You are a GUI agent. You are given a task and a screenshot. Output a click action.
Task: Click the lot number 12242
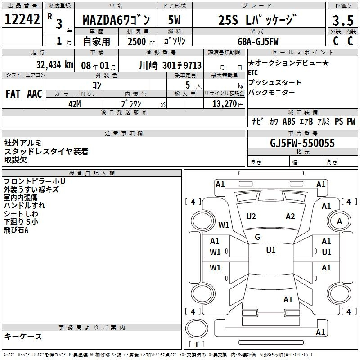tap(22, 19)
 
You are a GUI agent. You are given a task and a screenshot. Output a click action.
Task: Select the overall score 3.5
tap(343, 20)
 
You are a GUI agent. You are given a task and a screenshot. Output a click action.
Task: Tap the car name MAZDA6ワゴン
tap(116, 20)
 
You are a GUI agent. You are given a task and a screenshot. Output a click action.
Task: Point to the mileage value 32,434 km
tap(54, 65)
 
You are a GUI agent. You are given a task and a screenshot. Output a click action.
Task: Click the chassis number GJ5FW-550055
tap(302, 143)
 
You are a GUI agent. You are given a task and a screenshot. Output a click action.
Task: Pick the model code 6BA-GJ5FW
tap(258, 41)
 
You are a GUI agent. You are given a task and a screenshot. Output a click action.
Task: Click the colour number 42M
tap(75, 104)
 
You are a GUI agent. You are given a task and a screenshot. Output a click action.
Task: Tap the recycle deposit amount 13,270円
tap(228, 104)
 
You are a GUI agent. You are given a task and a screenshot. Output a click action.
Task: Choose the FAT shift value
tap(13, 94)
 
